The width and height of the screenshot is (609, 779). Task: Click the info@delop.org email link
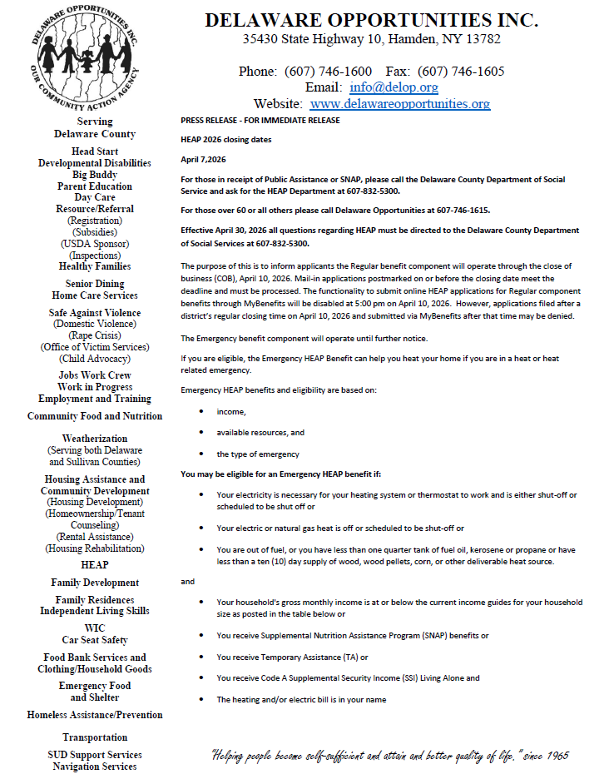pos(394,87)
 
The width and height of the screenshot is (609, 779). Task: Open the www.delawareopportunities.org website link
pos(399,104)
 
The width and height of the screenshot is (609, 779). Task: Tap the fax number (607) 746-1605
pos(461,71)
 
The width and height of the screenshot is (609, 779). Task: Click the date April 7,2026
pos(203,158)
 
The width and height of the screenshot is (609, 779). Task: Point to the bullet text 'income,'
pos(231,412)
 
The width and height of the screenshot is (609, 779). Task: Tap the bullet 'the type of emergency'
pos(258,454)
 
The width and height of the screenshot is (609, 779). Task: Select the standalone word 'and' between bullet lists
pos(188,582)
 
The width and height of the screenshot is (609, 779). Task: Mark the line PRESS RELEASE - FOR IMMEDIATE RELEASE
pos(260,121)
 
